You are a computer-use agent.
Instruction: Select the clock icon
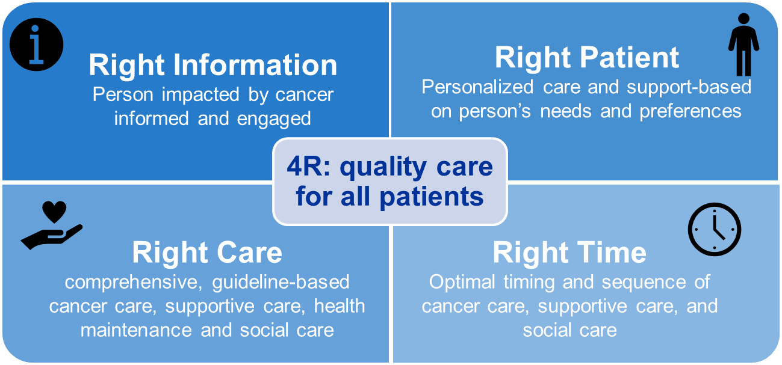click(x=714, y=229)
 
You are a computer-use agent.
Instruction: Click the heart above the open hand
click(x=54, y=212)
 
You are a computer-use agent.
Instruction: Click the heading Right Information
click(x=213, y=65)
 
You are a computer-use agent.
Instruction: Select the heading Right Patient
click(x=586, y=58)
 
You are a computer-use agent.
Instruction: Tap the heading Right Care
click(x=207, y=253)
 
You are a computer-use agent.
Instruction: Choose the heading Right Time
click(x=569, y=253)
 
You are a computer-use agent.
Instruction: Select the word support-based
click(x=689, y=87)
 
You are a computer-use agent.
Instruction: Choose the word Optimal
click(x=462, y=281)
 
